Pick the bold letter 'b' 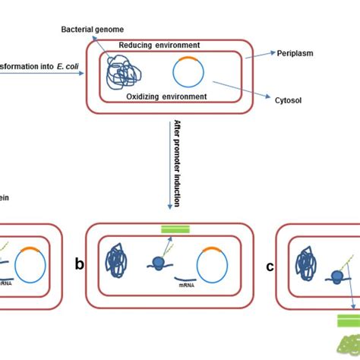79,264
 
